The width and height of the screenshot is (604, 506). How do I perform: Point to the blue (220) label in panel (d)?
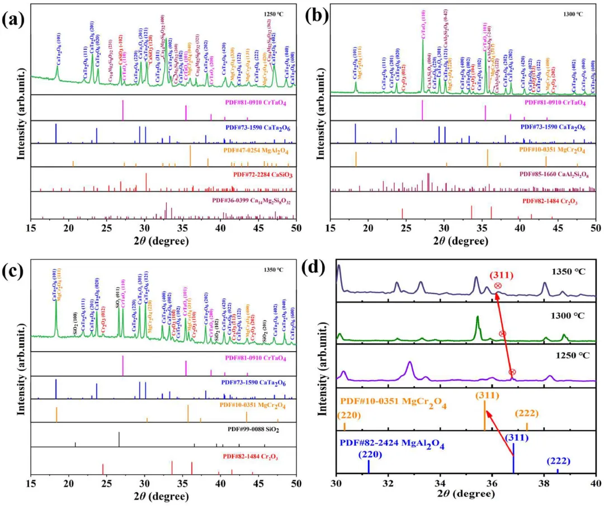(369, 455)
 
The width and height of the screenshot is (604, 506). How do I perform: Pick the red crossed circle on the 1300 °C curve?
(502, 334)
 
